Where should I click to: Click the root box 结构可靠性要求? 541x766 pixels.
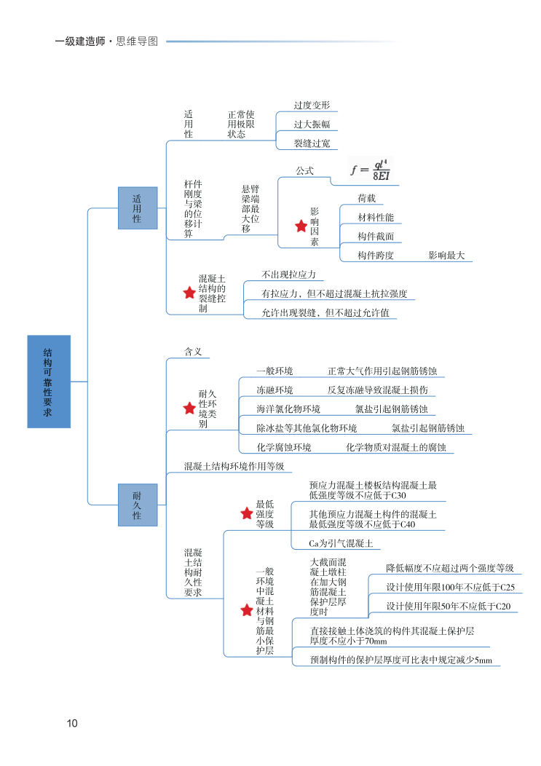pyautogui.click(x=49, y=381)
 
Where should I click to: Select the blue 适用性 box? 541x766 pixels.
pyautogui.click(x=138, y=208)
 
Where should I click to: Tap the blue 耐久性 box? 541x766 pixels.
pyautogui.click(x=138, y=505)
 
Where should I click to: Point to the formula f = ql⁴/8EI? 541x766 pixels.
pyautogui.click(x=371, y=170)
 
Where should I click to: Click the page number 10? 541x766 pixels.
pyautogui.click(x=71, y=723)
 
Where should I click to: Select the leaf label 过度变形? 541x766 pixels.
pyautogui.click(x=312, y=106)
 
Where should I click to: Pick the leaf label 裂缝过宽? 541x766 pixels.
pyautogui.click(x=312, y=143)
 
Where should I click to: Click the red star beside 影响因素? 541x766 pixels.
pyautogui.click(x=301, y=226)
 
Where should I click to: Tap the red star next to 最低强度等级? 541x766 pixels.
pyautogui.click(x=247, y=514)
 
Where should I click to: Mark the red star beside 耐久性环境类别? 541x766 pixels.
pyautogui.click(x=189, y=408)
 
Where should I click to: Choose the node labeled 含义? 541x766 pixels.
pyautogui.click(x=193, y=352)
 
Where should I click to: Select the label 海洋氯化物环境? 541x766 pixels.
pyautogui.click(x=288, y=408)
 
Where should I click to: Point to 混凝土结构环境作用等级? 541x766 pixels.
pyautogui.click(x=234, y=466)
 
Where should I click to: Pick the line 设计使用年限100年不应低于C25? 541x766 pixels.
pyautogui.click(x=450, y=588)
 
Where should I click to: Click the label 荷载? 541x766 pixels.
pyautogui.click(x=366, y=199)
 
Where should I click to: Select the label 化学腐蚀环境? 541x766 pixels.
pyautogui.click(x=283, y=447)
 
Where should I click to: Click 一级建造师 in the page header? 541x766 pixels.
pyautogui.click(x=80, y=42)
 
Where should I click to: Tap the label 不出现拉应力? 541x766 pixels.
pyautogui.click(x=288, y=275)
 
